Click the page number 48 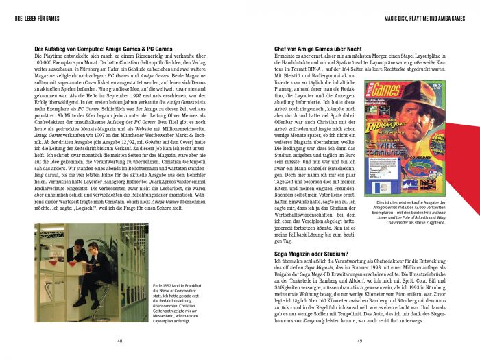tap(119, 341)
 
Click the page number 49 tap(359, 341)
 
